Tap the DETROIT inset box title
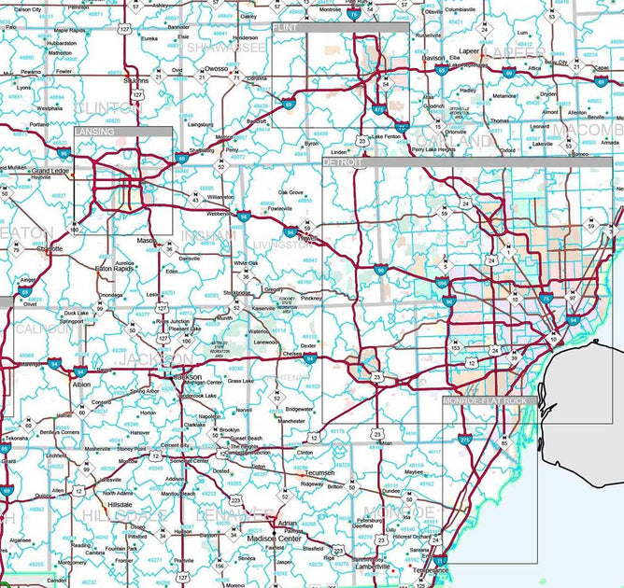342,162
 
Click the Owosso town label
218,68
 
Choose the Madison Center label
275,539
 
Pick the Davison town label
433,58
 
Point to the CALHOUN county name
41,329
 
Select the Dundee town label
391,490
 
